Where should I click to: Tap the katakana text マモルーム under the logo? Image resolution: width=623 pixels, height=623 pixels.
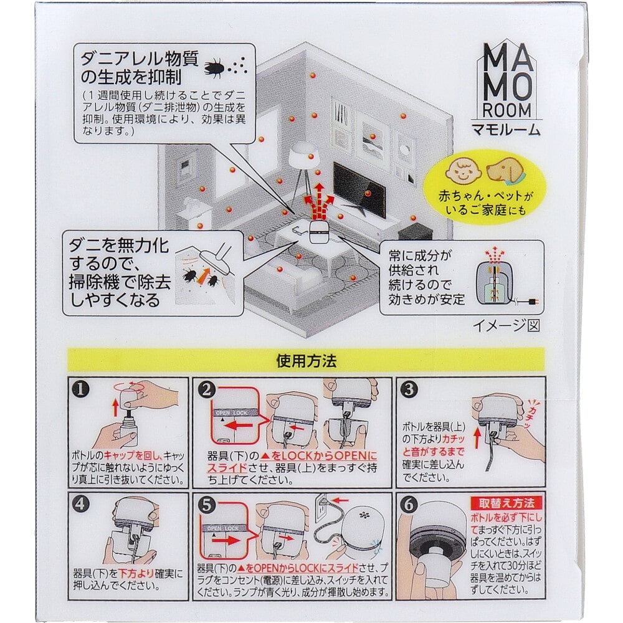tap(508, 131)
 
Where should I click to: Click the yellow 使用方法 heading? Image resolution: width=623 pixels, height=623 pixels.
tap(307, 360)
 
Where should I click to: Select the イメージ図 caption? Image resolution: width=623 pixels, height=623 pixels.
tap(505, 325)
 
